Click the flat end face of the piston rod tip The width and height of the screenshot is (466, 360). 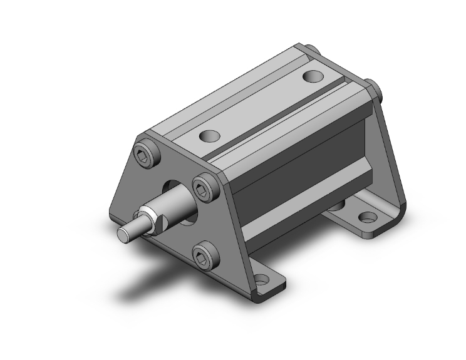coord(124,234)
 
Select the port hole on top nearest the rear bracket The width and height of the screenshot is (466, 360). coord(311,76)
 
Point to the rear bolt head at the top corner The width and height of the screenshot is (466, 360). coord(309,48)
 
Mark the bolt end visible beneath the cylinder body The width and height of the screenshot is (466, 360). coord(336,204)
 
